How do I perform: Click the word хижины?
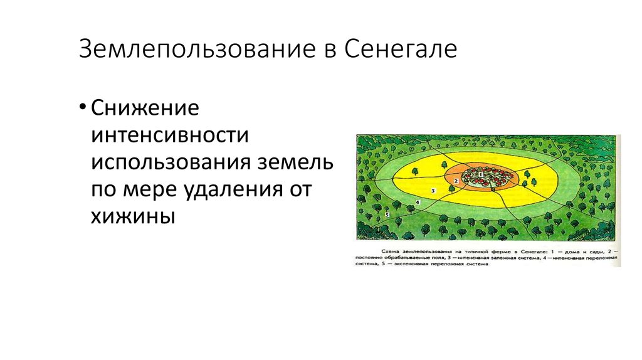click(x=131, y=216)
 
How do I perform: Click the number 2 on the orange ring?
click(x=456, y=181)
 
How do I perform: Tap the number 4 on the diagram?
click(x=418, y=202)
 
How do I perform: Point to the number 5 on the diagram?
click(x=387, y=214)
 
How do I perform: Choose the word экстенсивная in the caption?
click(x=408, y=265)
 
